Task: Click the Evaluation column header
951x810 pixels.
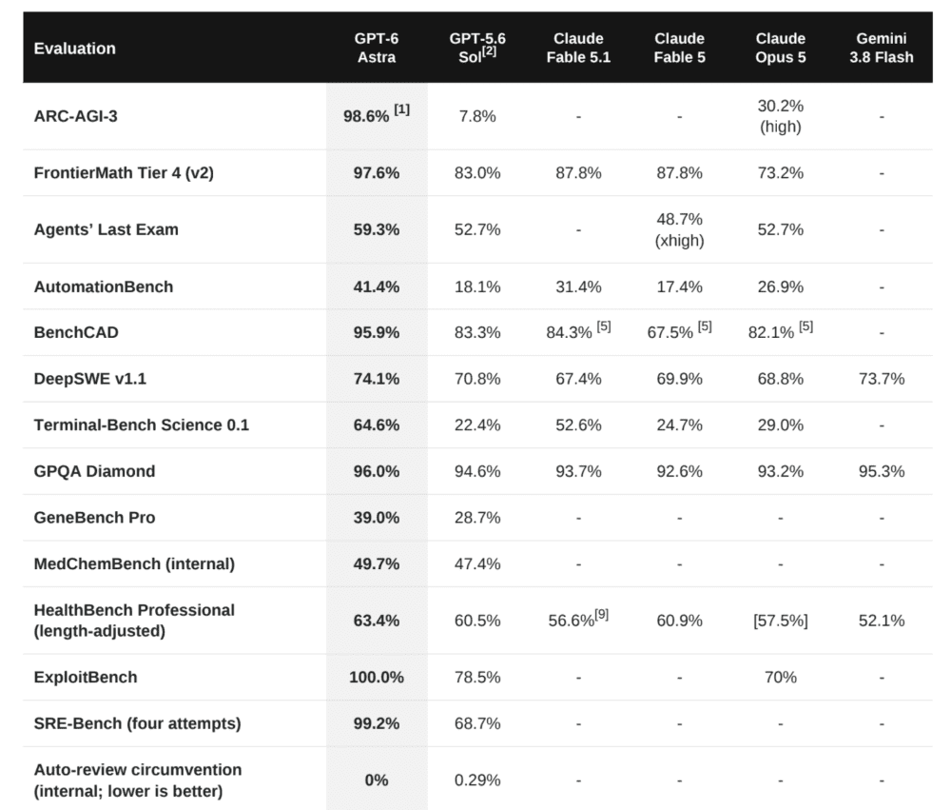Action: pos(74,49)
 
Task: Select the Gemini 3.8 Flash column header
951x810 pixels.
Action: pos(882,48)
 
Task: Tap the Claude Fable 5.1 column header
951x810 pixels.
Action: pos(578,48)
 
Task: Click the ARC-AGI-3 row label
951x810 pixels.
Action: pos(76,116)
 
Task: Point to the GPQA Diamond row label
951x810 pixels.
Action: pos(94,471)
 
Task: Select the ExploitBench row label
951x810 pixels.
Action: pos(86,677)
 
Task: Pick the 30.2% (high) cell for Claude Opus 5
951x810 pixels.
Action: pos(781,116)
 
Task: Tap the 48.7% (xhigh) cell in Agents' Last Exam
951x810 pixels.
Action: pos(679,229)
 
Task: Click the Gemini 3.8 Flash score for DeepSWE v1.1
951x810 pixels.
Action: pos(882,379)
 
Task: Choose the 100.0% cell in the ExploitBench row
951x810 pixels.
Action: pos(377,677)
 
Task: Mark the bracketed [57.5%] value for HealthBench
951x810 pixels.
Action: pos(781,621)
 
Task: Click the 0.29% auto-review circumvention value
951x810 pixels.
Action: pos(477,780)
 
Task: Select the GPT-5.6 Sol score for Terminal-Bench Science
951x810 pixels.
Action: pos(477,425)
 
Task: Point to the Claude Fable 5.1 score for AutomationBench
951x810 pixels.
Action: pos(578,286)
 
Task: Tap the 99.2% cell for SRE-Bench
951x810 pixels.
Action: pos(377,723)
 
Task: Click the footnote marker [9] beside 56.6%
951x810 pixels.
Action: pos(602,615)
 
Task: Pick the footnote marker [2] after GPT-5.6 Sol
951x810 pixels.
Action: pos(490,51)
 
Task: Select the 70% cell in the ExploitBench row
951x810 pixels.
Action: pos(781,677)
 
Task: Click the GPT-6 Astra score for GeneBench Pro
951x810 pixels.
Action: pos(377,518)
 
